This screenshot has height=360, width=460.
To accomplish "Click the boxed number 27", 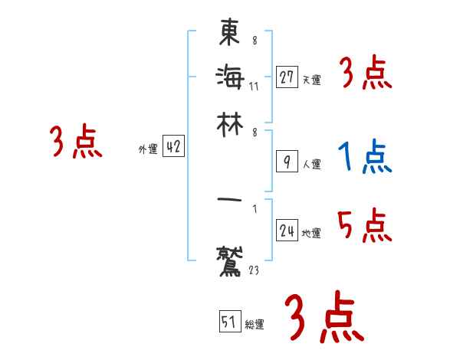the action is (x=287, y=77).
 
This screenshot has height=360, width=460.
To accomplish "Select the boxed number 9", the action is (x=287, y=162).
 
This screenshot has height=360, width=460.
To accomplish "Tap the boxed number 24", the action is (x=287, y=231).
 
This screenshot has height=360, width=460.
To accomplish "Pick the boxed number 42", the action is (x=173, y=148).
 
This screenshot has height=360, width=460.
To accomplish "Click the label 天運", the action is (x=311, y=79).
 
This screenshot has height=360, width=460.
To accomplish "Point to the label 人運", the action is (x=311, y=164).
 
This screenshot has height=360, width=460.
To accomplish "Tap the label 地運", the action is (x=311, y=233).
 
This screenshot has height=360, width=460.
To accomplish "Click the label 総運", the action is (x=255, y=324).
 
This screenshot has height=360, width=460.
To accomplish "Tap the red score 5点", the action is (x=365, y=226).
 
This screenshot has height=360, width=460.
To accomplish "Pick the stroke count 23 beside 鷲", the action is (x=255, y=269).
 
